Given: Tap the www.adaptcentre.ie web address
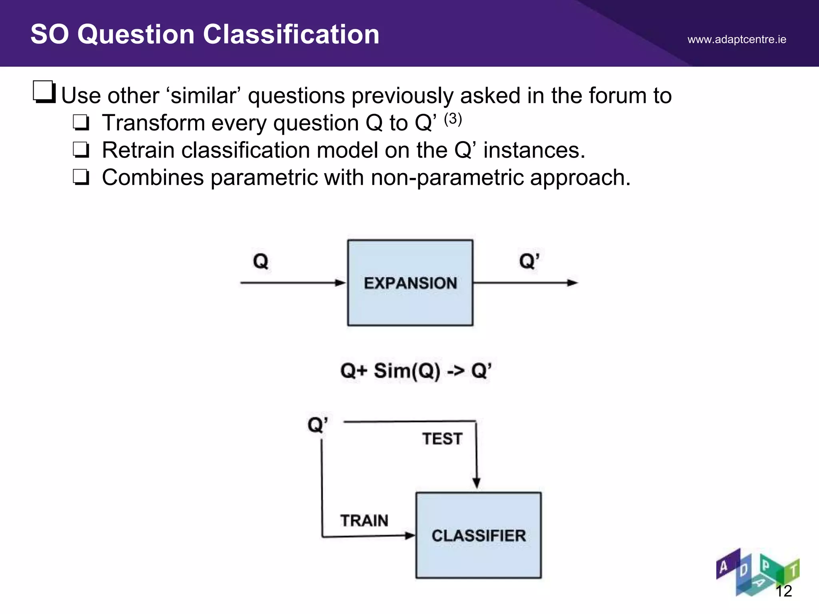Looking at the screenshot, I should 737,40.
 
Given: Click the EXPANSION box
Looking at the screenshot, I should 410,283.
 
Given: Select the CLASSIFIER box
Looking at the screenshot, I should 478,535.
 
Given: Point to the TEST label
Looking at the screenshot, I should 442,439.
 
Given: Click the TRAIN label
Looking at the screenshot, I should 364,520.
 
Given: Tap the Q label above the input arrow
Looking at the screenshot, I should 260,261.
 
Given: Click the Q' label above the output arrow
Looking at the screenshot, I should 529,261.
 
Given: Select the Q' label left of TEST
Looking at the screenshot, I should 318,425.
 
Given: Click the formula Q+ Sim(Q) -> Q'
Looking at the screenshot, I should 415,371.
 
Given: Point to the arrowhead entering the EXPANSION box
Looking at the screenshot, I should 340,283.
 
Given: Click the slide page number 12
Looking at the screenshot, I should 783,591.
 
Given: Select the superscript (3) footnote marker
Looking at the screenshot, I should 453,119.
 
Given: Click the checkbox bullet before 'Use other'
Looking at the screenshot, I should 44,92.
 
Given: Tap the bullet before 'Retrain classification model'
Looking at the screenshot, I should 81,150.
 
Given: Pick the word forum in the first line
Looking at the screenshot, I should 617,96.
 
